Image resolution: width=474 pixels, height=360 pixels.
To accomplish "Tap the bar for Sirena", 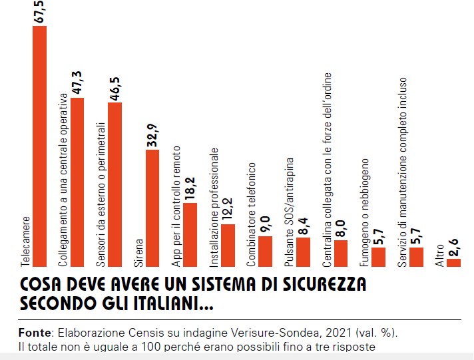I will pos(152,208).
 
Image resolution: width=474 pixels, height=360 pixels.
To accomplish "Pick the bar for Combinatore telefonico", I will pos(265,251).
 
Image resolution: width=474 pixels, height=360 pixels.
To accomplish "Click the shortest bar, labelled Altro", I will pos(453,262).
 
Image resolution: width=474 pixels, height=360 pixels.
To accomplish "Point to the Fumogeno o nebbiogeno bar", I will pos(378,257).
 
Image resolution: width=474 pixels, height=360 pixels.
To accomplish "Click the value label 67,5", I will pos(40,13).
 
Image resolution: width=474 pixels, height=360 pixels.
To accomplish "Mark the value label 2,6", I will pos(453,245).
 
